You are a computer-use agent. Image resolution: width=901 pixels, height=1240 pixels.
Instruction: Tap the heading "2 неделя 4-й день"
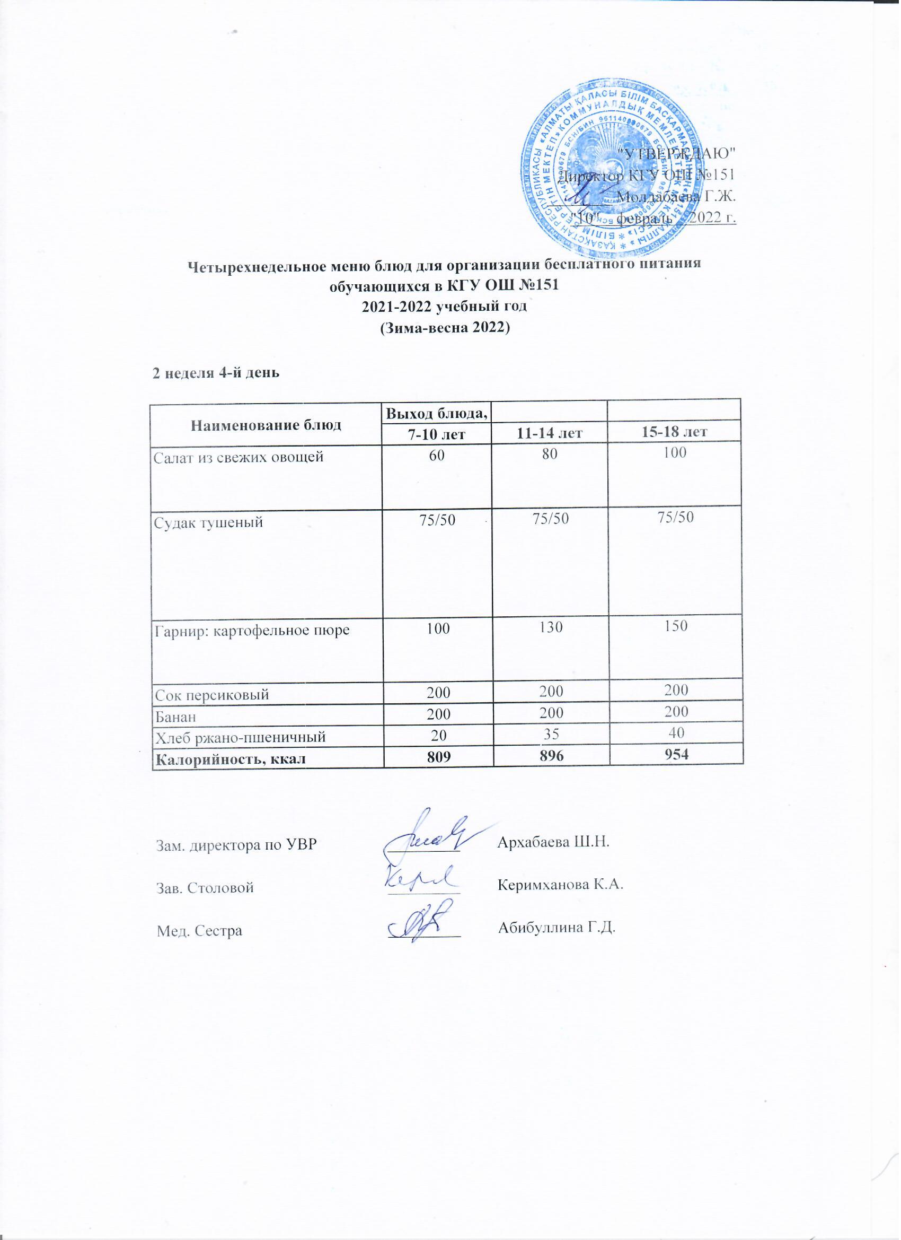click(216, 373)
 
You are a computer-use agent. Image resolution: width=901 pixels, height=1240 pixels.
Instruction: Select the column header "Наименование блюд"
click(266, 425)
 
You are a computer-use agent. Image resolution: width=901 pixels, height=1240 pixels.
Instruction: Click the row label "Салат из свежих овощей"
click(239, 457)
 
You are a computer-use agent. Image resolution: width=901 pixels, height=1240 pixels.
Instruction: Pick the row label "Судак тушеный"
click(208, 522)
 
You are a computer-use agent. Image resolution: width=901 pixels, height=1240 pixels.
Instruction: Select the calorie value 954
click(676, 755)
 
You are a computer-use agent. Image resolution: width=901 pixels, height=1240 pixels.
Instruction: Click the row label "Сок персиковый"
click(212, 695)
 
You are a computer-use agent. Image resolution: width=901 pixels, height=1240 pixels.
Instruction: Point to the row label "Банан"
click(176, 715)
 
